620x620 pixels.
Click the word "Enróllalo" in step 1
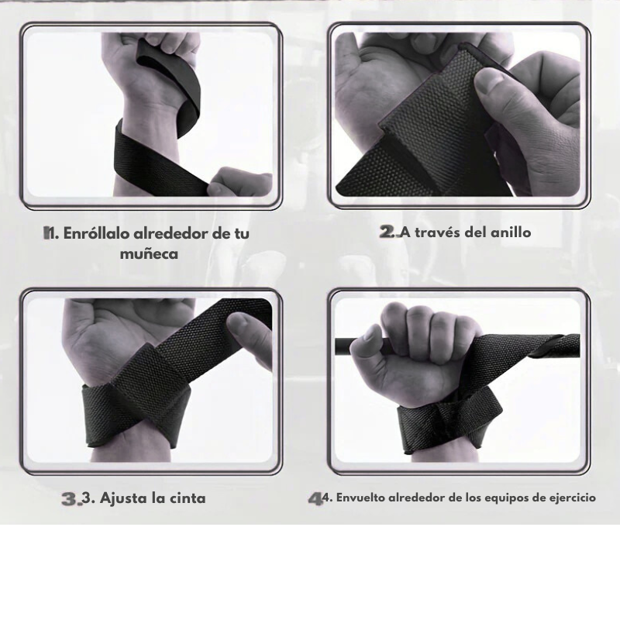point(96,233)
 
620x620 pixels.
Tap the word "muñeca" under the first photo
point(149,253)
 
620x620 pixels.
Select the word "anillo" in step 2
point(511,232)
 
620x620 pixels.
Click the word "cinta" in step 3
point(188,498)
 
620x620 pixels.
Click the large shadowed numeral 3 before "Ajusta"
point(70,498)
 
